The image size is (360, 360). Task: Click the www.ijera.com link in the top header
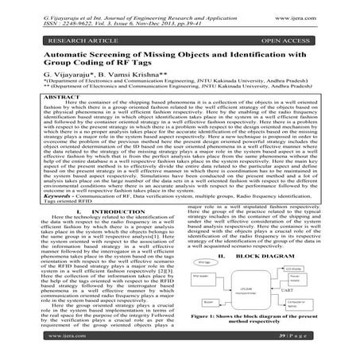point(326,12)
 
